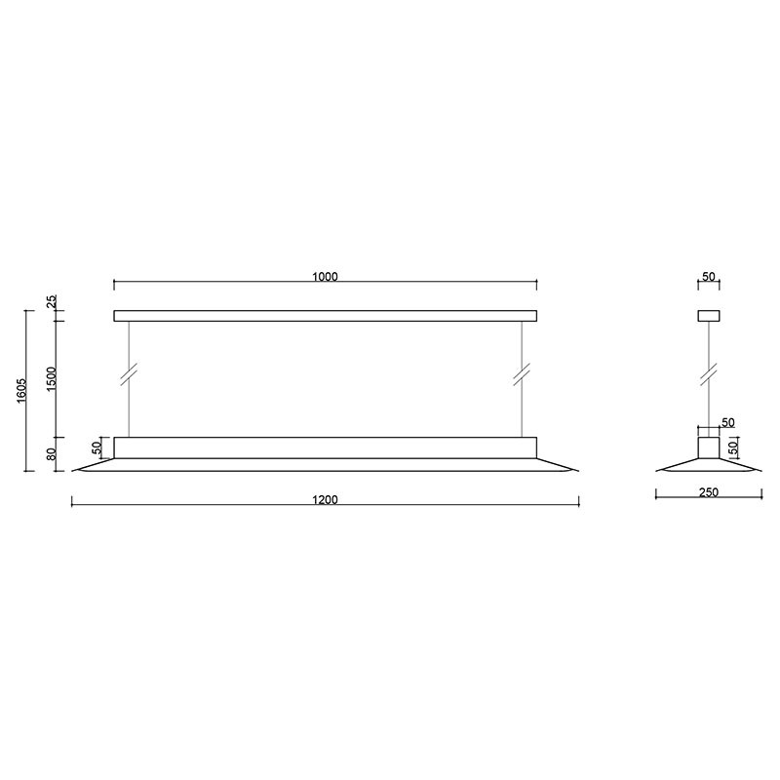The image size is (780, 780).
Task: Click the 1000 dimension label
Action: (x=325, y=277)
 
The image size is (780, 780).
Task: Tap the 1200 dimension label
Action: (x=325, y=500)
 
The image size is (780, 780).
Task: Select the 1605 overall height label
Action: (x=21, y=391)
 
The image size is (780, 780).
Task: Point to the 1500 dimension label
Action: (x=52, y=379)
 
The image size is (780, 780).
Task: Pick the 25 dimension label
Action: (x=53, y=301)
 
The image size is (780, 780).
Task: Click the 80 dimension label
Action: (x=53, y=453)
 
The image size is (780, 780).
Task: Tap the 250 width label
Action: (x=709, y=492)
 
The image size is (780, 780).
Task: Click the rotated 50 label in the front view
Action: (x=97, y=448)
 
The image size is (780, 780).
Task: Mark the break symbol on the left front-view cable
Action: (x=129, y=375)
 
